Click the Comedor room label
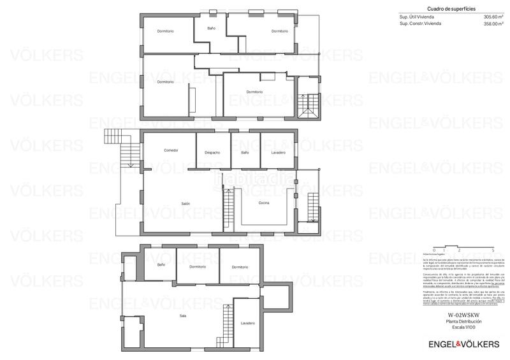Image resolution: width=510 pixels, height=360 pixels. coord(171,150)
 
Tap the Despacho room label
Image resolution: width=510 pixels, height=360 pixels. coord(212,152)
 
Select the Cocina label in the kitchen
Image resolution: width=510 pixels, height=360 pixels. coord(263,203)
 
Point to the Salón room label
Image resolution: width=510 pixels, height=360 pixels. coord(186,203)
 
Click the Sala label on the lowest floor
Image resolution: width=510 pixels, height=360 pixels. coord(182,315)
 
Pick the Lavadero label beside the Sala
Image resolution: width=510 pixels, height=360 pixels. coord(248,323)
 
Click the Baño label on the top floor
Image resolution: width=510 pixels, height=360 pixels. coord(211,29)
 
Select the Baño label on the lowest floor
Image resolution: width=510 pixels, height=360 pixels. coord(161,264)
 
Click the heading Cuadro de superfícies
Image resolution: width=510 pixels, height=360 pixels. coord(429,9)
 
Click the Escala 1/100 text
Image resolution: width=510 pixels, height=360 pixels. coord(463,327)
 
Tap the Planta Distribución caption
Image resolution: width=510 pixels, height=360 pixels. coord(463,321)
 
